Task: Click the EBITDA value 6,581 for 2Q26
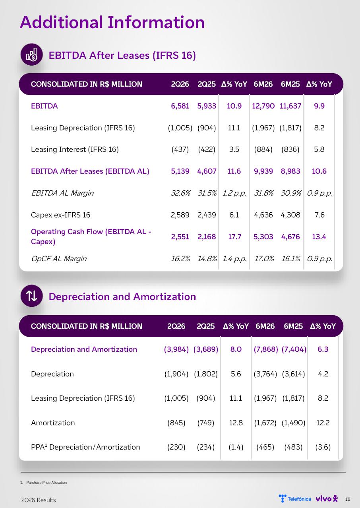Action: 180,106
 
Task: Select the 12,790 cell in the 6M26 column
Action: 263,106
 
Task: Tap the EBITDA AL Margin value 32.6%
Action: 180,193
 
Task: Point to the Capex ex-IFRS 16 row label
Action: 60,215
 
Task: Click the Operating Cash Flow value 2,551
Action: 180,237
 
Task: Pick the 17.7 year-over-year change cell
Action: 234,237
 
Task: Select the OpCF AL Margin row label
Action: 59,258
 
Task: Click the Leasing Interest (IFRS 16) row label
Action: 75,149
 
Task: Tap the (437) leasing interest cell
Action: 180,149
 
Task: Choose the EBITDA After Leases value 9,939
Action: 263,171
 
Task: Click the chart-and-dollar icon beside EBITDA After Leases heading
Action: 31,54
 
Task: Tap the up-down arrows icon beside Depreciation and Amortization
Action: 31,296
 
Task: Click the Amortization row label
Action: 53,423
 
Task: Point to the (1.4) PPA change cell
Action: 236,447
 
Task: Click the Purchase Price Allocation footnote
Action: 46,483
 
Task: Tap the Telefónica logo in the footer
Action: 295,499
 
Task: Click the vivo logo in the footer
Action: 327,499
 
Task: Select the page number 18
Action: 348,499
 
